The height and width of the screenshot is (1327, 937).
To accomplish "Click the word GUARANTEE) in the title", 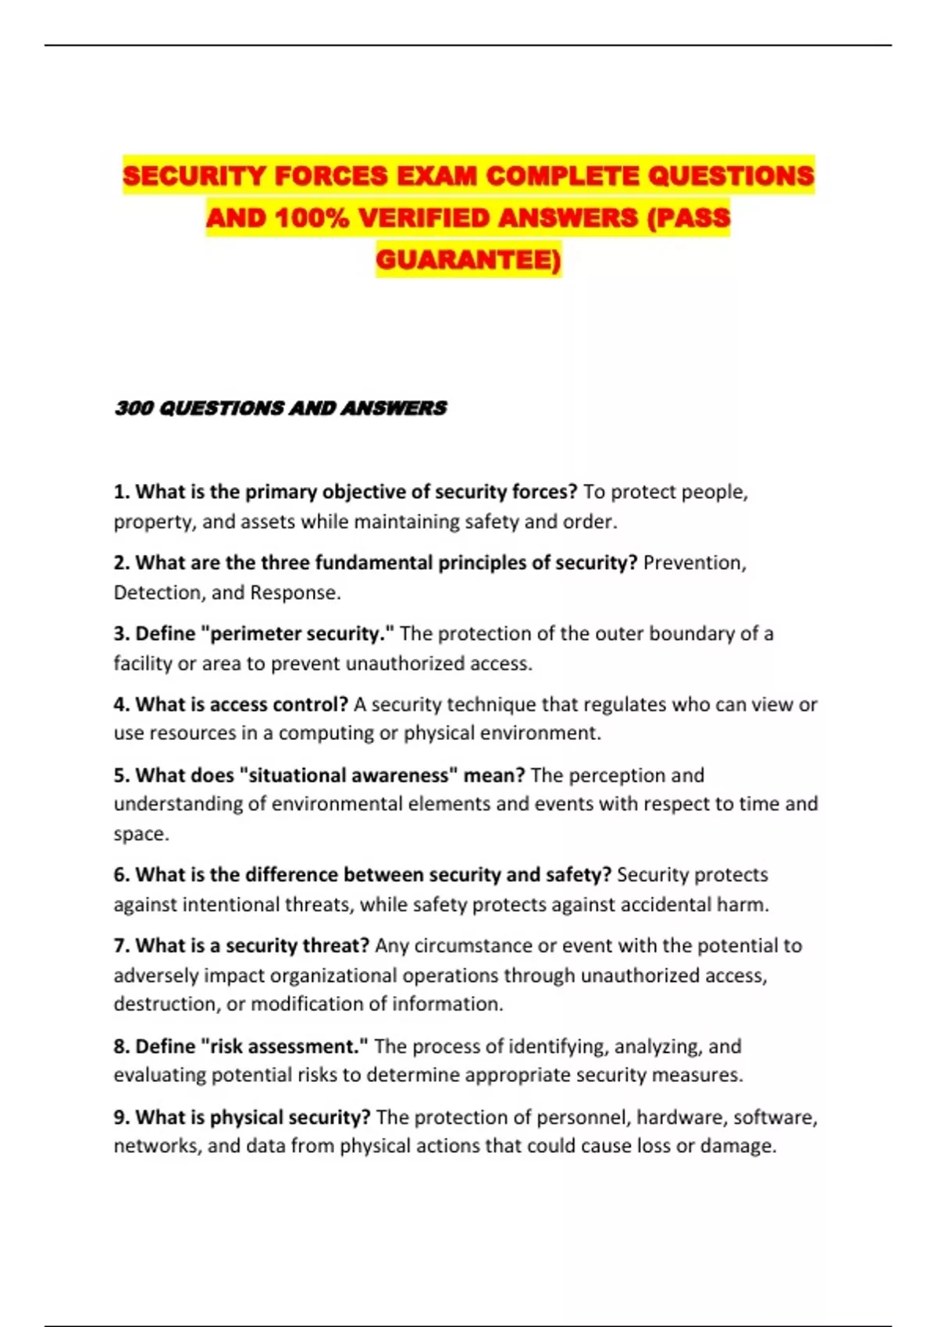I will click(x=468, y=259).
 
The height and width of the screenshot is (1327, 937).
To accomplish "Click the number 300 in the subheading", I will click(x=134, y=408).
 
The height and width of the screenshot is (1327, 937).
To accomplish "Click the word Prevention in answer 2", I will click(x=693, y=563).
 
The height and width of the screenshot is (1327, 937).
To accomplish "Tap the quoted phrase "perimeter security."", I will click(x=297, y=634).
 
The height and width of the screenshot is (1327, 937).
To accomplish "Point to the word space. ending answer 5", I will click(x=141, y=834).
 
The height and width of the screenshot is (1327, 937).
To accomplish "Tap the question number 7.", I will click(x=121, y=946).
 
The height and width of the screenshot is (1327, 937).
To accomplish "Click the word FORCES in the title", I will click(x=330, y=176).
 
